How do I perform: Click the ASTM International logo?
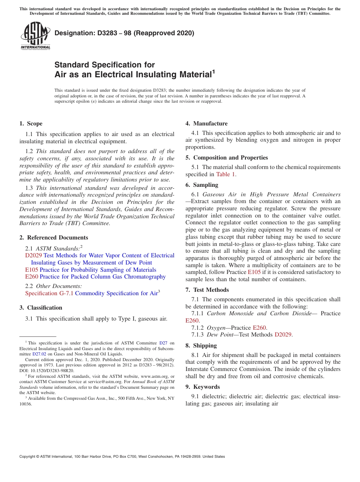tap(35, 36)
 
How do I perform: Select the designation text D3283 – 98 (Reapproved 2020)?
tap(124, 33)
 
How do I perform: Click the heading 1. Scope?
tap(31, 124)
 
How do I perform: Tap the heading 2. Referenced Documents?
tap(53, 238)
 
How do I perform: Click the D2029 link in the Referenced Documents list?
tap(33, 255)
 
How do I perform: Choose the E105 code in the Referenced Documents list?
tap(31, 270)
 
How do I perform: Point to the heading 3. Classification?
tap(41, 308)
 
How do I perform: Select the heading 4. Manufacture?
tap(206, 124)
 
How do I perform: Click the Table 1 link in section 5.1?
tap(225, 174)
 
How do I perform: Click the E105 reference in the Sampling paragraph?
tap(254, 272)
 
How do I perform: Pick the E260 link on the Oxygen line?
tap(260, 327)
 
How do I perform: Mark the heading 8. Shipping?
tap(201, 346)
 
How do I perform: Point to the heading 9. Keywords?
tap(202, 387)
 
